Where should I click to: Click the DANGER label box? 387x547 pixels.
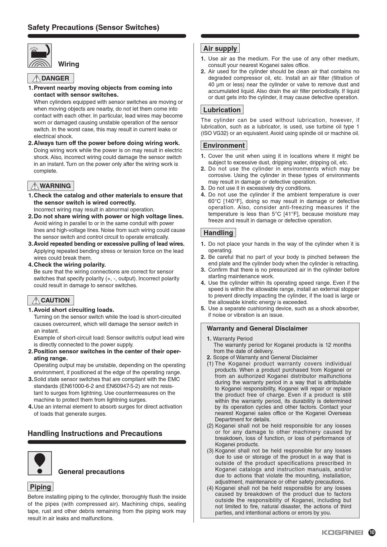pyautogui.click(x=51, y=78)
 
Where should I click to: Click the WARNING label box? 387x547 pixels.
pyautogui.click(x=51, y=186)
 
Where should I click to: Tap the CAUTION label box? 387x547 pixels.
pyautogui.click(x=51, y=300)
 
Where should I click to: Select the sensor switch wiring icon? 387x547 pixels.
pyautogui.click(x=40, y=56)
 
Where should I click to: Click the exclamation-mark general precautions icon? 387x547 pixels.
pyautogui.click(x=40, y=463)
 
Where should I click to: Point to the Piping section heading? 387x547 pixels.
pyautogui.click(x=40, y=487)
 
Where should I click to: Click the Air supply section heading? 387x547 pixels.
pyautogui.click(x=220, y=48)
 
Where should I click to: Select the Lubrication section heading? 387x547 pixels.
pyautogui.click(x=222, y=110)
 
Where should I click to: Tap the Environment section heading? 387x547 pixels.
pyautogui.click(x=224, y=146)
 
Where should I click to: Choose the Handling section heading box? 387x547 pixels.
pyautogui.click(x=218, y=233)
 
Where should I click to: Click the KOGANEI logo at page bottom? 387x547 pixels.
pyautogui.click(x=342, y=533)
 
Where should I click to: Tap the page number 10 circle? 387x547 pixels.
pyautogui.click(x=372, y=533)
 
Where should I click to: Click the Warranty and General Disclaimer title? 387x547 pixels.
pyautogui.click(x=257, y=328)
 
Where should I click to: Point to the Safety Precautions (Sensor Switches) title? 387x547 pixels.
pyautogui.click(x=93, y=27)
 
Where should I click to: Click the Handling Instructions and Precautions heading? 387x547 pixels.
pyautogui.click(x=95, y=433)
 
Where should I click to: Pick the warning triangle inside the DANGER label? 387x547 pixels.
pyautogui.click(x=37, y=79)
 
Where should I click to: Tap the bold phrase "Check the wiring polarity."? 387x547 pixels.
pyautogui.click(x=70, y=265)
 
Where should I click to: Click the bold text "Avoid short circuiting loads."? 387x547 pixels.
pyautogui.click(x=74, y=310)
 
